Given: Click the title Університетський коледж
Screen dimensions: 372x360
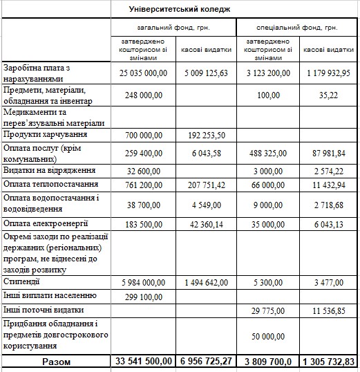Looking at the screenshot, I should pos(180,8).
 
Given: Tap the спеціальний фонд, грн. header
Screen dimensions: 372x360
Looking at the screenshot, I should pos(297,28).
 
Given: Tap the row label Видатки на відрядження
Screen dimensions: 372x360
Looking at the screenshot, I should pos(49,170).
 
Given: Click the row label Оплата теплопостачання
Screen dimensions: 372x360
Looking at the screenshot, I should pos(50,185).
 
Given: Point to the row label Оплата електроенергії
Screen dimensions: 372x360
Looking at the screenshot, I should pos(48,223).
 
